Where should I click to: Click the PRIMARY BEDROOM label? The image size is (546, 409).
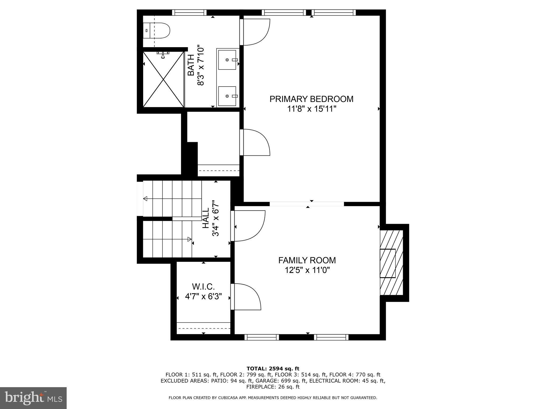[311, 99]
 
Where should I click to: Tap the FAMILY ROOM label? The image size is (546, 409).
[307, 260]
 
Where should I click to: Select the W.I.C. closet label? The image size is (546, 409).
[203, 287]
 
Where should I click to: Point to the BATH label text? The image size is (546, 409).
[191, 65]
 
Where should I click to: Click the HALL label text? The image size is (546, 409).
[206, 218]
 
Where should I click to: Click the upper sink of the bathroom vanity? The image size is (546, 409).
[227, 60]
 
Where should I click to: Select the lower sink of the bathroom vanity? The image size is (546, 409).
[227, 96]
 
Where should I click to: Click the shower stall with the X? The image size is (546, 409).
[163, 79]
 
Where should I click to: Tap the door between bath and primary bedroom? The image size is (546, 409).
[255, 32]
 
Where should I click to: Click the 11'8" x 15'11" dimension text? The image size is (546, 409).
[311, 109]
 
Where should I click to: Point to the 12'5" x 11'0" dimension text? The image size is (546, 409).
[307, 270]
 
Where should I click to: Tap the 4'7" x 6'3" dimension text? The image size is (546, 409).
[203, 296]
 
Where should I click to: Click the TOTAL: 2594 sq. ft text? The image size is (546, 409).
[273, 369]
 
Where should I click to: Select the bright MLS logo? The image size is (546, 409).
[33, 398]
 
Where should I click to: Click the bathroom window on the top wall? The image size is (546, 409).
[189, 13]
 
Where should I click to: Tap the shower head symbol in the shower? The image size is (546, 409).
[163, 55]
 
